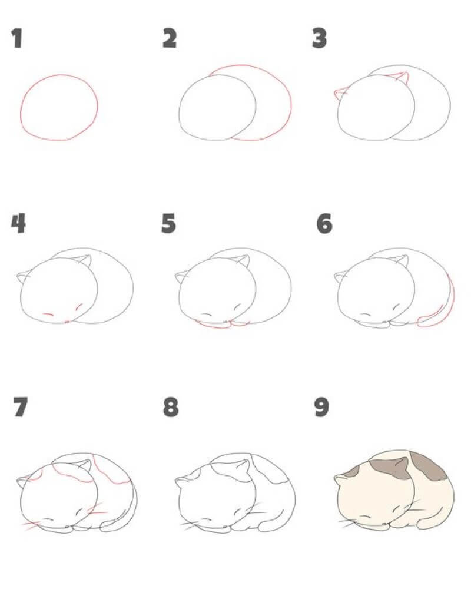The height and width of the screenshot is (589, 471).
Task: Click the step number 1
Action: (x=17, y=39)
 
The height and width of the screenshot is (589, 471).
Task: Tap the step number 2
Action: (x=170, y=38)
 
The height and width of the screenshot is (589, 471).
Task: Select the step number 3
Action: (x=320, y=39)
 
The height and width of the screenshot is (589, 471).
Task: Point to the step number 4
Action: (x=18, y=223)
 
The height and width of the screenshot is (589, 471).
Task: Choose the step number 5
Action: (x=168, y=223)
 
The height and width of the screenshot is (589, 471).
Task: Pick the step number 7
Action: (x=21, y=407)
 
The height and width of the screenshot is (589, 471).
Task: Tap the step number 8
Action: (x=171, y=407)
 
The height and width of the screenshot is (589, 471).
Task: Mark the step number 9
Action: (x=321, y=407)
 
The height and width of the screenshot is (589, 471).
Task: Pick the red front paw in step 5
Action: (x=212, y=325)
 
